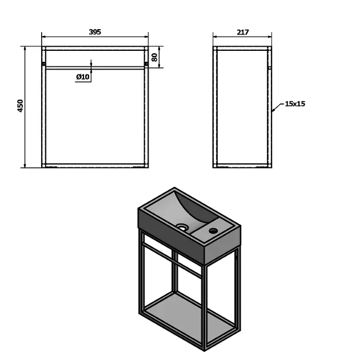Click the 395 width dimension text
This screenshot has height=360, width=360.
pos(95,32)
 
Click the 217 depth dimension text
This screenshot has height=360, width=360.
pos(243,32)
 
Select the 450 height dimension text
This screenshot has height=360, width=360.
pos(21,106)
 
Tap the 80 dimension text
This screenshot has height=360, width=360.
pos(154,57)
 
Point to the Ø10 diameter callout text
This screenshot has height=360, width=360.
pos(83,77)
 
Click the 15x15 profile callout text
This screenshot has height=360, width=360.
pos(295,104)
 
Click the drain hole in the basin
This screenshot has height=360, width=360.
pos(182,227)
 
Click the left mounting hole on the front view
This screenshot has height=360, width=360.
pos(43,63)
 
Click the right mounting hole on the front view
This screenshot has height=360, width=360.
pos(146,63)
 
